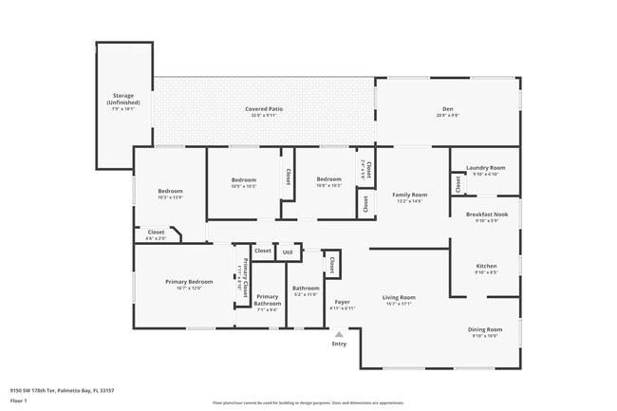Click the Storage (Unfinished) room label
(x=123, y=99)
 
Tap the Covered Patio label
(x=264, y=109)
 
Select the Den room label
(x=448, y=109)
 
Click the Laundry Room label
(x=485, y=168)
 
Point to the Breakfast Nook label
(x=486, y=215)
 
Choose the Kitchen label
(x=486, y=266)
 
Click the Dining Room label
(x=484, y=329)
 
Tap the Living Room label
(x=399, y=298)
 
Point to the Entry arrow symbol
(x=339, y=333)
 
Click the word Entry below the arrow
(x=339, y=344)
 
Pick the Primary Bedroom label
(x=188, y=282)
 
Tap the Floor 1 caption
(x=19, y=401)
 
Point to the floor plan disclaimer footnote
(x=308, y=402)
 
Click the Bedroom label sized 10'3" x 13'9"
(x=170, y=193)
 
